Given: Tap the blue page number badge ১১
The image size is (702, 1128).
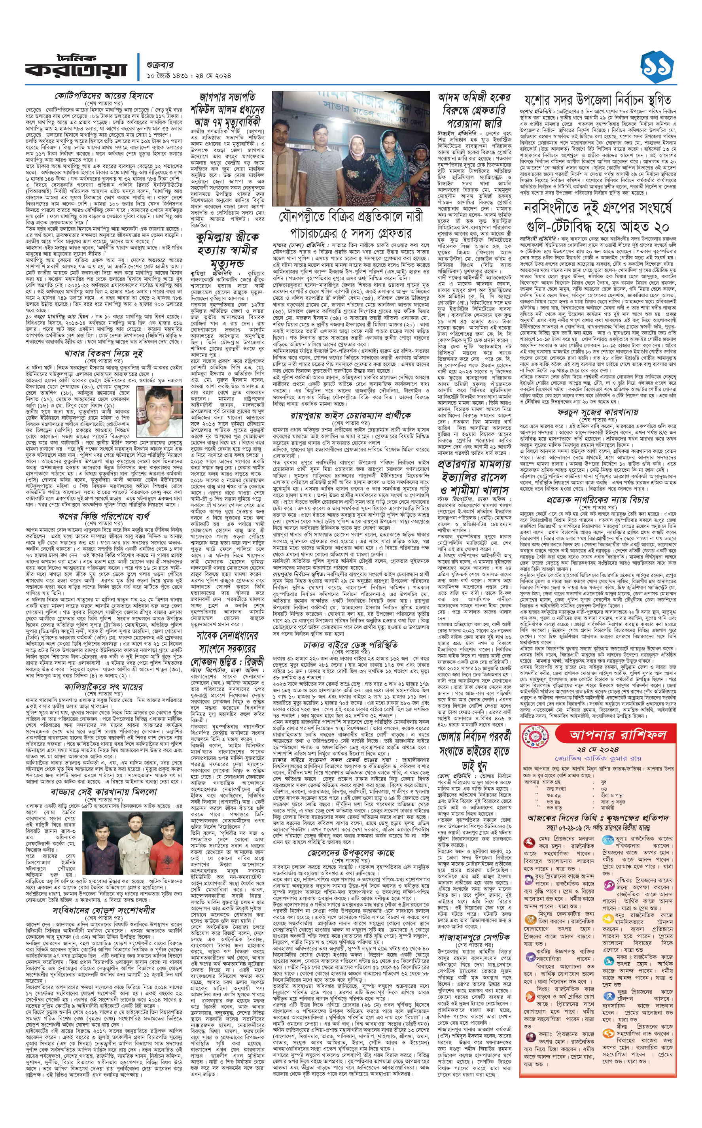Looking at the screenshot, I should tap(657, 68).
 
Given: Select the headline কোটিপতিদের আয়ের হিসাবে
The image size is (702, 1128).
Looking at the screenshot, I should tap(104, 96).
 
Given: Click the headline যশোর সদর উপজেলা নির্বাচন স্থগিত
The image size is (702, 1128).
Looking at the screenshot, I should tap(598, 100).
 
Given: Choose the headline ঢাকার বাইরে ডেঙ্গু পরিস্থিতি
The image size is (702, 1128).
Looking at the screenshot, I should tap(350, 644).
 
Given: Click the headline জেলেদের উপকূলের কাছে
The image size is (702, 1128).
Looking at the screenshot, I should tap(350, 852).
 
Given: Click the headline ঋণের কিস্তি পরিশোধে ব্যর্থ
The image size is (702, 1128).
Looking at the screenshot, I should tap(104, 516).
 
